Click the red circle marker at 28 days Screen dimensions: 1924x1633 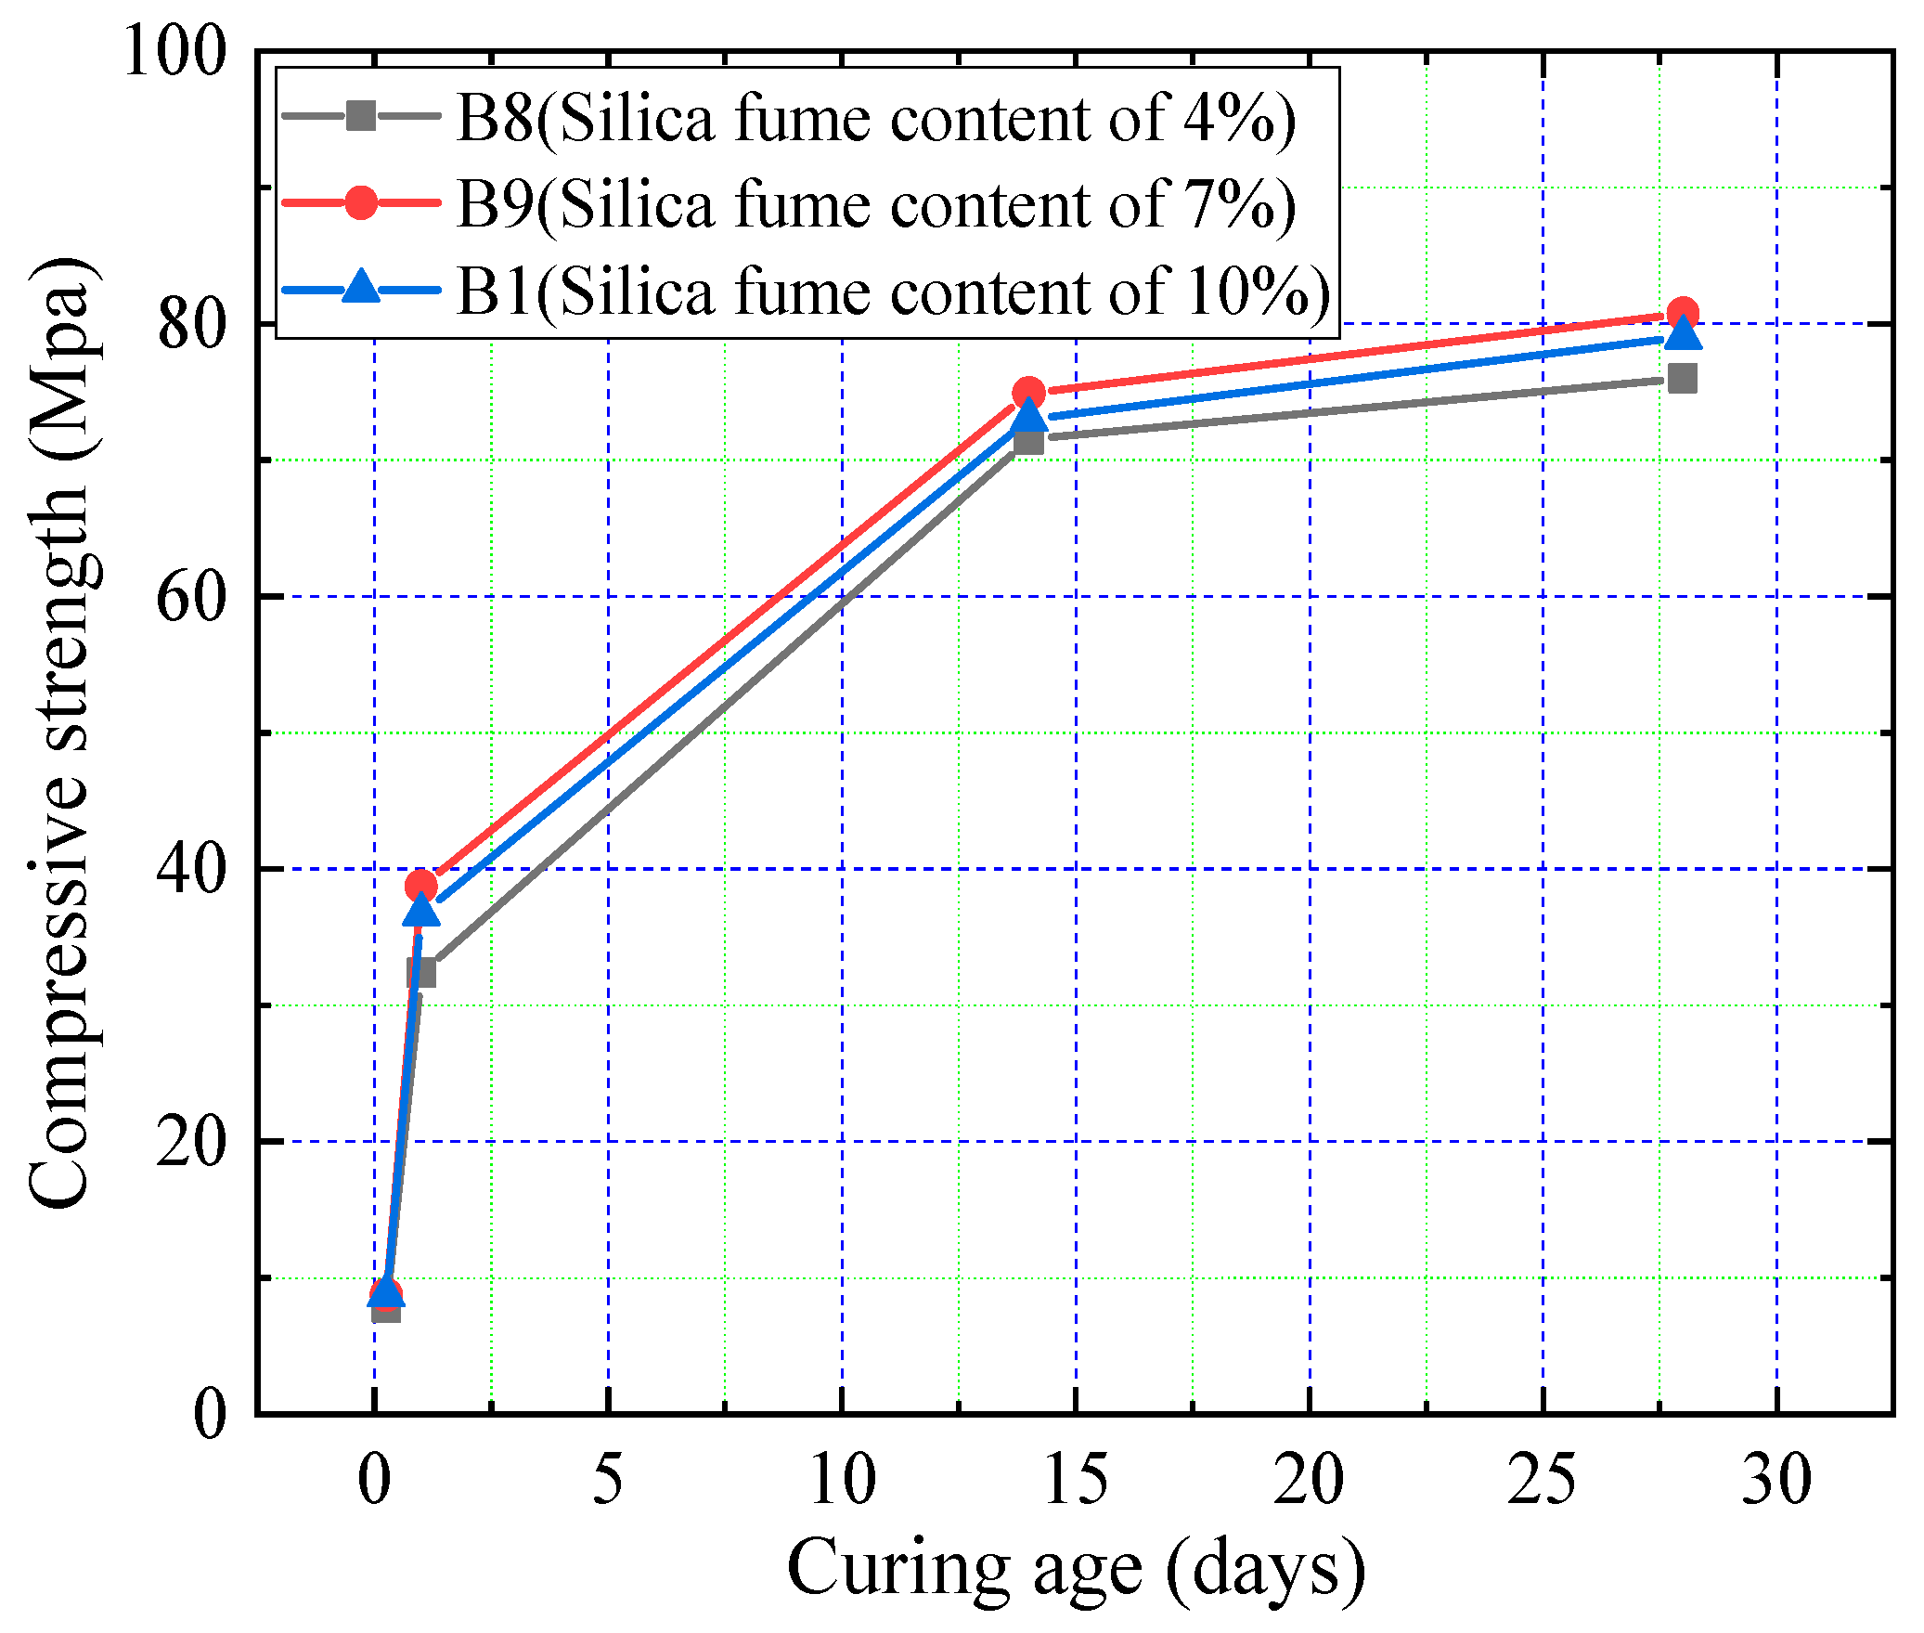1682,314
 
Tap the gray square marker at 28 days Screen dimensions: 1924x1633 1682,378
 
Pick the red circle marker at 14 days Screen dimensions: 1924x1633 1028,393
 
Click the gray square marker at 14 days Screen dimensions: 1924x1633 1028,440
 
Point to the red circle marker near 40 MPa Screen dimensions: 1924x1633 421,886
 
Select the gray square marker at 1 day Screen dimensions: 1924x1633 421,973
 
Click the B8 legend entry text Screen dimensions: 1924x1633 875,119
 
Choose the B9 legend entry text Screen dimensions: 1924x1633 875,204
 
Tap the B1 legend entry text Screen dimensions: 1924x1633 893,291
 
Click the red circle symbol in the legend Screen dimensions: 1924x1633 361,202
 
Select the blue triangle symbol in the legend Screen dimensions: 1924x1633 361,287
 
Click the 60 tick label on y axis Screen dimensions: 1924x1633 191,597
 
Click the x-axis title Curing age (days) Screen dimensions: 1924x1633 1075,1569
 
